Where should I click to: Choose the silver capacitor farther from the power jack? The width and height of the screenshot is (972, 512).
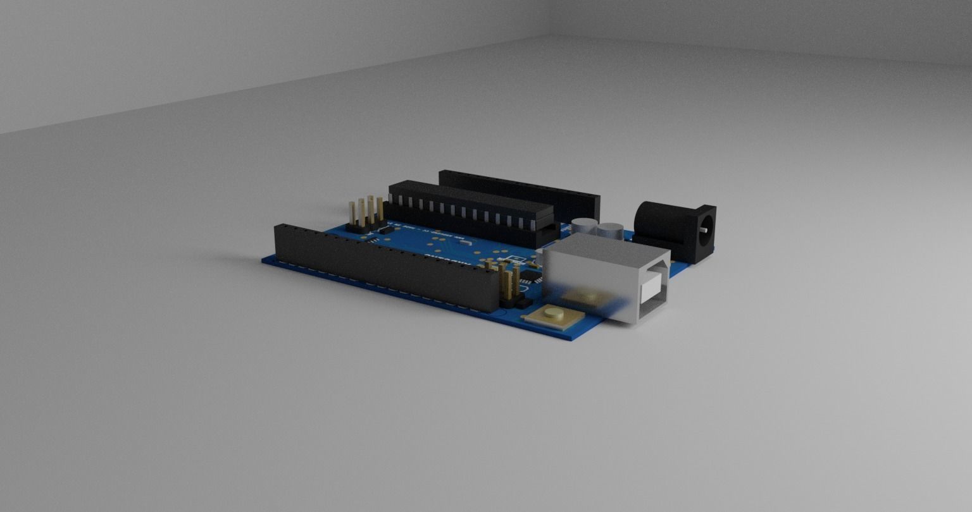click(584, 226)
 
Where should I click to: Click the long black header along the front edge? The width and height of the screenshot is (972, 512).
click(380, 265)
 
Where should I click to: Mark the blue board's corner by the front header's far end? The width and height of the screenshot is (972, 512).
click(265, 259)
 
